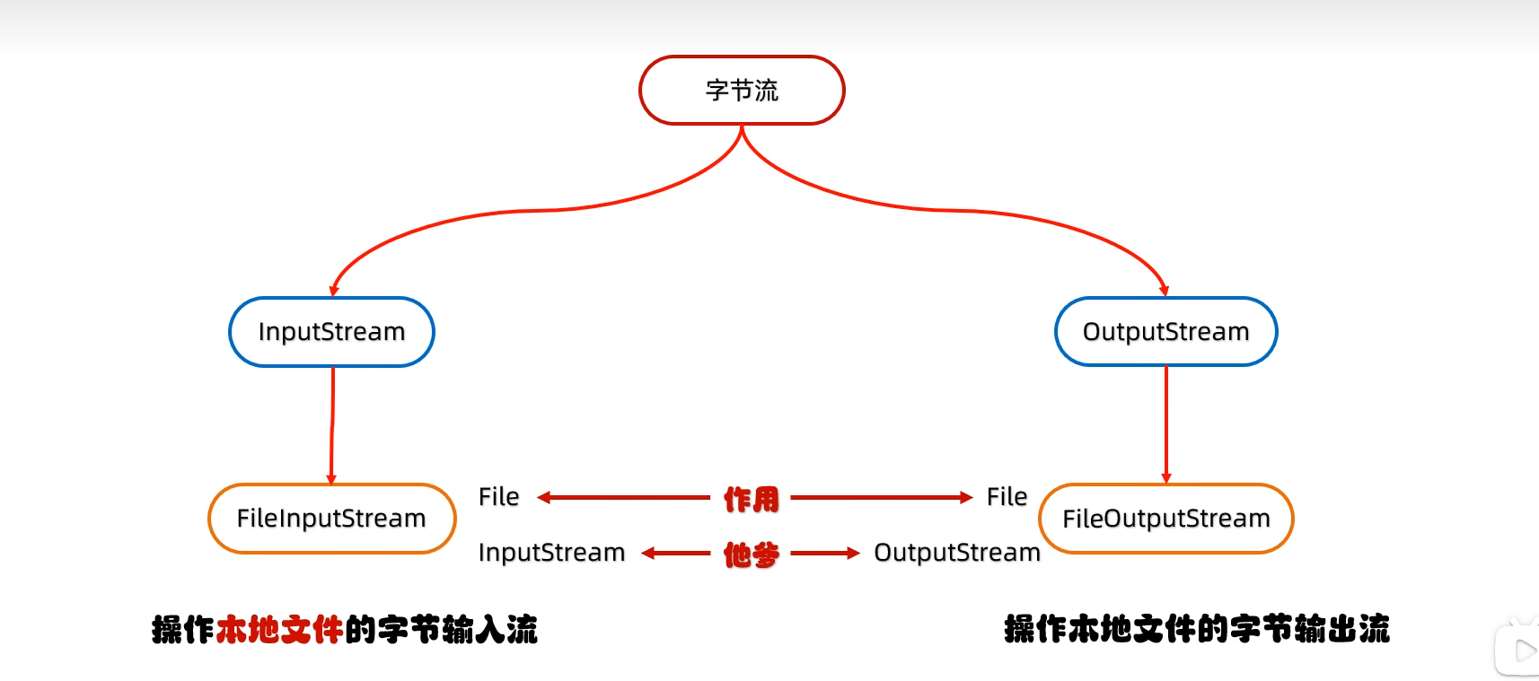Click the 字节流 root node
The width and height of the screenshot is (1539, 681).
[742, 91]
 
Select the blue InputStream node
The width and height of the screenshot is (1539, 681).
[331, 332]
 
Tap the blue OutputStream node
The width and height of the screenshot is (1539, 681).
[1165, 332]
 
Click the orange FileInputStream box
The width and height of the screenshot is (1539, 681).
[331, 519]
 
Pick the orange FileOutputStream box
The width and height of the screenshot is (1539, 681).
[1165, 519]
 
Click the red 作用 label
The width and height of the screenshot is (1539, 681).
[752, 499]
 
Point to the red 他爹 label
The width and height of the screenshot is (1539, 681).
[752, 554]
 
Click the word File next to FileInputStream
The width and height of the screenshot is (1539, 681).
[498, 497]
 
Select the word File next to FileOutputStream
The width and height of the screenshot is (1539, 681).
[1007, 497]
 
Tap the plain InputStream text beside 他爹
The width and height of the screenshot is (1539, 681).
[551, 553]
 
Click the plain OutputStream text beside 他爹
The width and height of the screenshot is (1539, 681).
[956, 553]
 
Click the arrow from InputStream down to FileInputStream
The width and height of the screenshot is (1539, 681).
[332, 426]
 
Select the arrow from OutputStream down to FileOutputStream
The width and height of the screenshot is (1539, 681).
[1165, 426]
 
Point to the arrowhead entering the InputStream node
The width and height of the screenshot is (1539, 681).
[334, 291]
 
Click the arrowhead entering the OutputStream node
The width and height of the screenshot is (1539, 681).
[1164, 291]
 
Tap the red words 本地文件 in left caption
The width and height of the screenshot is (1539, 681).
[279, 630]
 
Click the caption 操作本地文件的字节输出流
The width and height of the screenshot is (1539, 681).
[1196, 629]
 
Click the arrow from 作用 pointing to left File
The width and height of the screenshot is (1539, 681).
[624, 497]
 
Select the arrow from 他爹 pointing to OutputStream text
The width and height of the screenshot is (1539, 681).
[824, 554]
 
